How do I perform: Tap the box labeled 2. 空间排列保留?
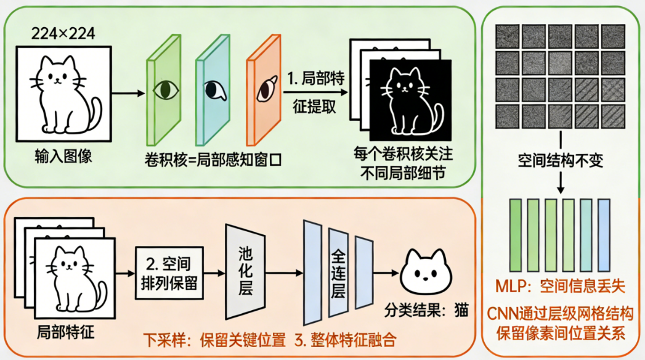coord(169,272)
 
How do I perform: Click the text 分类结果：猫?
coord(425,309)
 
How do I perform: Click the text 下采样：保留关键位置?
coord(215,339)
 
